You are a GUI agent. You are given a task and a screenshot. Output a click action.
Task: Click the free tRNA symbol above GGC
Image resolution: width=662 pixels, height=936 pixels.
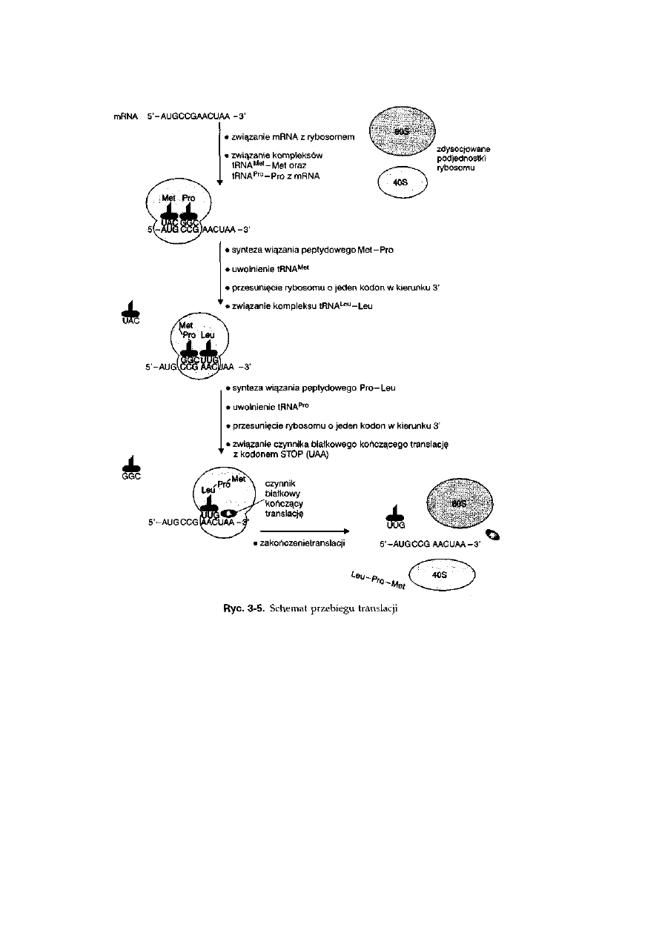[x=130, y=464]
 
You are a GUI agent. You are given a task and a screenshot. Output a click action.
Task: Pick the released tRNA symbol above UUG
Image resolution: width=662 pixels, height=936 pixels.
[x=395, y=511]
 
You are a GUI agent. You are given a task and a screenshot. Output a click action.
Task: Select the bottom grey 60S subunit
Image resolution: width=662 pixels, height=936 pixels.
[x=455, y=505]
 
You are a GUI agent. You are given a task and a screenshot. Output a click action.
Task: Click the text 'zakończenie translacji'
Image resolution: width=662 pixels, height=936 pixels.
[x=302, y=543]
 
